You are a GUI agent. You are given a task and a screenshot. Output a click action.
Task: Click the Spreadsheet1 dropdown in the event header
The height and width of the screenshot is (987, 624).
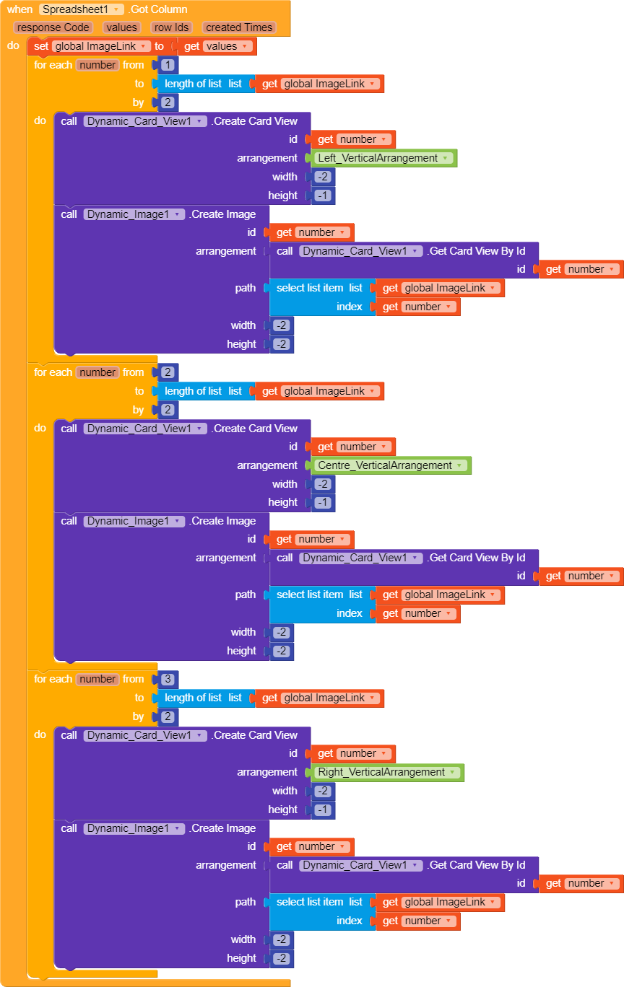click(x=81, y=9)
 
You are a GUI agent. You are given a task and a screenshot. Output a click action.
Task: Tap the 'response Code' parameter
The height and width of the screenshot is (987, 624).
click(x=53, y=27)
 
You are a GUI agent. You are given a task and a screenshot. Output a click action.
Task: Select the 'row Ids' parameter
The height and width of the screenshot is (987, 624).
click(x=172, y=27)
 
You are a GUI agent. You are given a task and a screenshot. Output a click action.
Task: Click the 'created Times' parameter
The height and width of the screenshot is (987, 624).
click(x=239, y=27)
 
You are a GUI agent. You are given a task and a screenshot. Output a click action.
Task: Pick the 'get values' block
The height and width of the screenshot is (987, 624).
click(x=216, y=46)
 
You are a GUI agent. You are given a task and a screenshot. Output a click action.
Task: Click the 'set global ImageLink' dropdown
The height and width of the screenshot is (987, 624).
click(x=100, y=46)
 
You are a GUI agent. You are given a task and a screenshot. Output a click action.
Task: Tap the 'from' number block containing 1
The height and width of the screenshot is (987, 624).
click(x=168, y=65)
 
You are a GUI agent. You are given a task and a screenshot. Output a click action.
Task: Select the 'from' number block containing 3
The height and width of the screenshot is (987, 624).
click(x=168, y=679)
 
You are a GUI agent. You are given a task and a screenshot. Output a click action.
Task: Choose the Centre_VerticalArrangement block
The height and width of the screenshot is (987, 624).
click(x=391, y=465)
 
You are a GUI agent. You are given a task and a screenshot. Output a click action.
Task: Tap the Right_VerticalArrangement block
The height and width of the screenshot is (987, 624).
click(x=387, y=772)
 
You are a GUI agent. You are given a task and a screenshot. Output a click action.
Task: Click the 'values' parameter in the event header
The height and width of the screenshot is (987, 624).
click(x=121, y=27)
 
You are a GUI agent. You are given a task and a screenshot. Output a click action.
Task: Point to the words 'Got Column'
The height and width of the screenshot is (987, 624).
click(x=159, y=9)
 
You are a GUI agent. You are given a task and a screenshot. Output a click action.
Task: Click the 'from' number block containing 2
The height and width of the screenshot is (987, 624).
click(x=168, y=372)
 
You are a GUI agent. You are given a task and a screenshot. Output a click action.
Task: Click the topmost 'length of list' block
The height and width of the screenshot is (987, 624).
click(x=203, y=84)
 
